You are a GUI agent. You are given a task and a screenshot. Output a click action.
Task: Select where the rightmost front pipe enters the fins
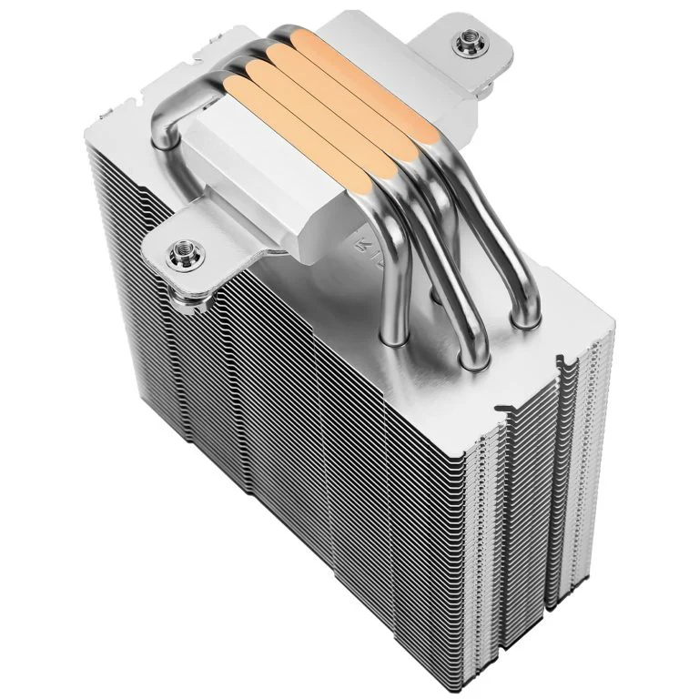point(523,319)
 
